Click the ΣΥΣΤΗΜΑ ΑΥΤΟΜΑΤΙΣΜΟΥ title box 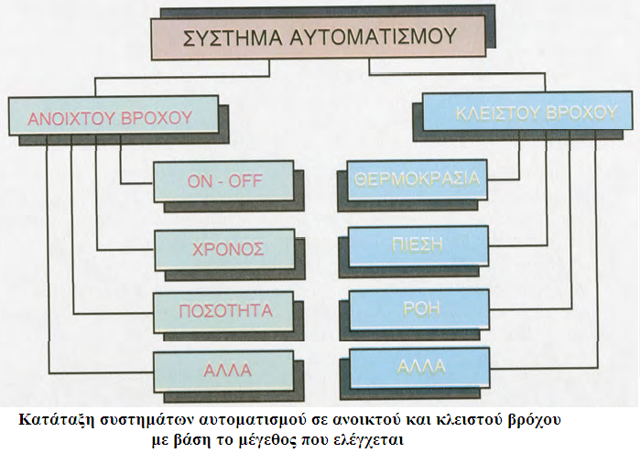(315, 38)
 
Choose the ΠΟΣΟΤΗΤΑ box (223, 310)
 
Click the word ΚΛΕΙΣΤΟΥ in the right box (489, 113)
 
